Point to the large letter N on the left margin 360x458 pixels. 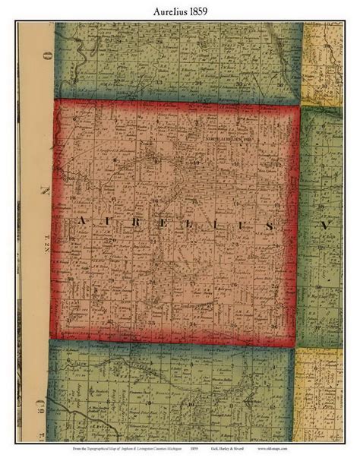click(x=46, y=188)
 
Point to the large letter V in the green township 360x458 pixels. click(x=322, y=226)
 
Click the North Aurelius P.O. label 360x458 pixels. click(x=226, y=140)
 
